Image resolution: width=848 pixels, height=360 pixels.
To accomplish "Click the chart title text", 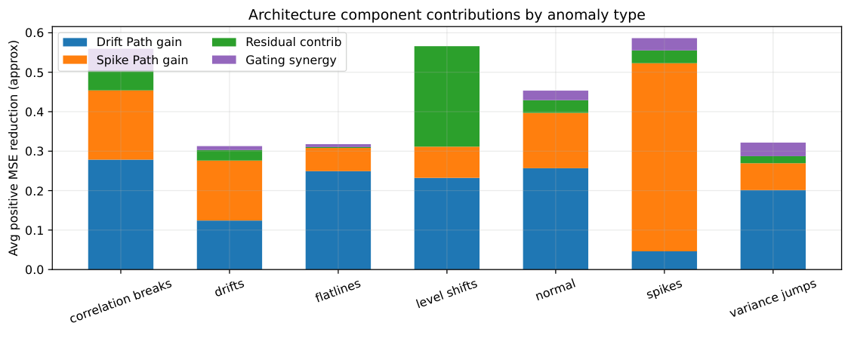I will pyautogui.click(x=446, y=14).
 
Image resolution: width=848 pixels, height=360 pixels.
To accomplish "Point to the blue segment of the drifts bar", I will pyautogui.click(x=230, y=245).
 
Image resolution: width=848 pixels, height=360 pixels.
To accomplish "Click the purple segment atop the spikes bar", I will pyautogui.click(x=665, y=44).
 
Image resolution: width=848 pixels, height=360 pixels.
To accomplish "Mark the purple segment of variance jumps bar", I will pyautogui.click(x=773, y=149).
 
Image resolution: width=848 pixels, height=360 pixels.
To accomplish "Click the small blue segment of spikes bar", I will pyautogui.click(x=665, y=260).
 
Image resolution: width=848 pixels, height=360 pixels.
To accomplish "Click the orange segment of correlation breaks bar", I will pyautogui.click(x=121, y=125).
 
